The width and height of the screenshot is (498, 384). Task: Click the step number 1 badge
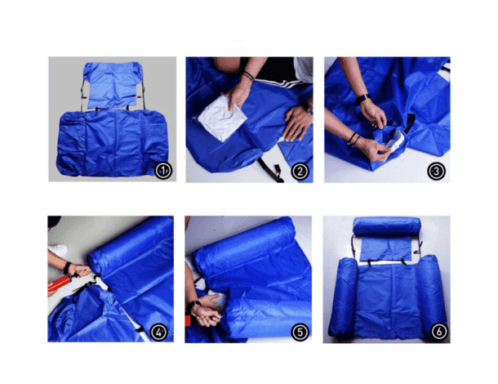click(x=163, y=171)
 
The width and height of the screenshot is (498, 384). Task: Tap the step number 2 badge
click(x=300, y=172)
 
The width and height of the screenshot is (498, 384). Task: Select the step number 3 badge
click(x=436, y=172)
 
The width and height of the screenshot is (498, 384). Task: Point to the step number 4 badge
click(x=159, y=333)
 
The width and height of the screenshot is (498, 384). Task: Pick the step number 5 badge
click(x=300, y=333)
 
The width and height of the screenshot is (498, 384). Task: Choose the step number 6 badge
click(x=439, y=332)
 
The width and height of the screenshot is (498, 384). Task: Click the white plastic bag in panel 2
click(x=222, y=118)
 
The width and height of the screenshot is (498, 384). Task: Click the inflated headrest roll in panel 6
click(x=387, y=226)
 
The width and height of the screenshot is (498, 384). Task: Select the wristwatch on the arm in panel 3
click(x=362, y=99)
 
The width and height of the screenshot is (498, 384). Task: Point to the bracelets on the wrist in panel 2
click(x=248, y=75)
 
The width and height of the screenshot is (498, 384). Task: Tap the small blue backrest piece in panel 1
click(x=112, y=85)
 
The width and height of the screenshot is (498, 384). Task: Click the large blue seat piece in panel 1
click(x=112, y=143)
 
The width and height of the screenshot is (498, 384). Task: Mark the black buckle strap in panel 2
click(x=271, y=171)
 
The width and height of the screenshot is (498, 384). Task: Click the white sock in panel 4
click(x=59, y=251)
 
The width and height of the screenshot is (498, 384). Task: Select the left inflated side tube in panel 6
click(x=344, y=297)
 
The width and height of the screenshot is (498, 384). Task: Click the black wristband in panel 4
click(x=67, y=268)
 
